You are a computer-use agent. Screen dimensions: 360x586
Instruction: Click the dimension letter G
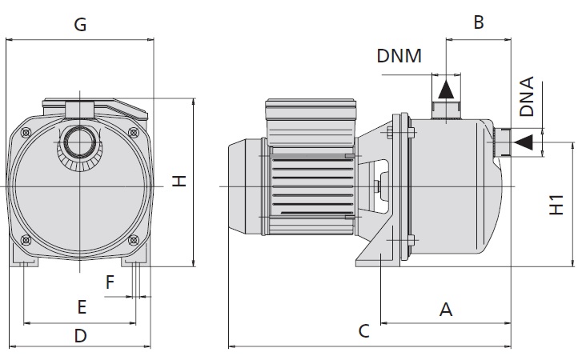[x=80, y=25]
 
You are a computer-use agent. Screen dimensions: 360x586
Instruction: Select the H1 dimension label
[x=558, y=204]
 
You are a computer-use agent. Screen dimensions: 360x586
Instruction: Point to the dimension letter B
[x=479, y=22]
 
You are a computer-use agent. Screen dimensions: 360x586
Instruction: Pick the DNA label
[x=527, y=97]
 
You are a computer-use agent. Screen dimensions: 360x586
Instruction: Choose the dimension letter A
[x=447, y=309]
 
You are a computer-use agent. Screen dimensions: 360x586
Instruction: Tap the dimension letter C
[x=363, y=330]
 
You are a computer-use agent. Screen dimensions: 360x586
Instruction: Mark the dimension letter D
[x=80, y=336]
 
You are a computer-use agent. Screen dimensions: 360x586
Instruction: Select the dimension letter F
[x=110, y=282]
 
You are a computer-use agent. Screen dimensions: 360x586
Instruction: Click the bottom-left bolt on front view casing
[x=27, y=239]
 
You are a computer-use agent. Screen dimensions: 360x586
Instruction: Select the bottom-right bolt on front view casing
[x=134, y=239]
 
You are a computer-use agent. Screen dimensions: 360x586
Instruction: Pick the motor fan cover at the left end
[x=245, y=186]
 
